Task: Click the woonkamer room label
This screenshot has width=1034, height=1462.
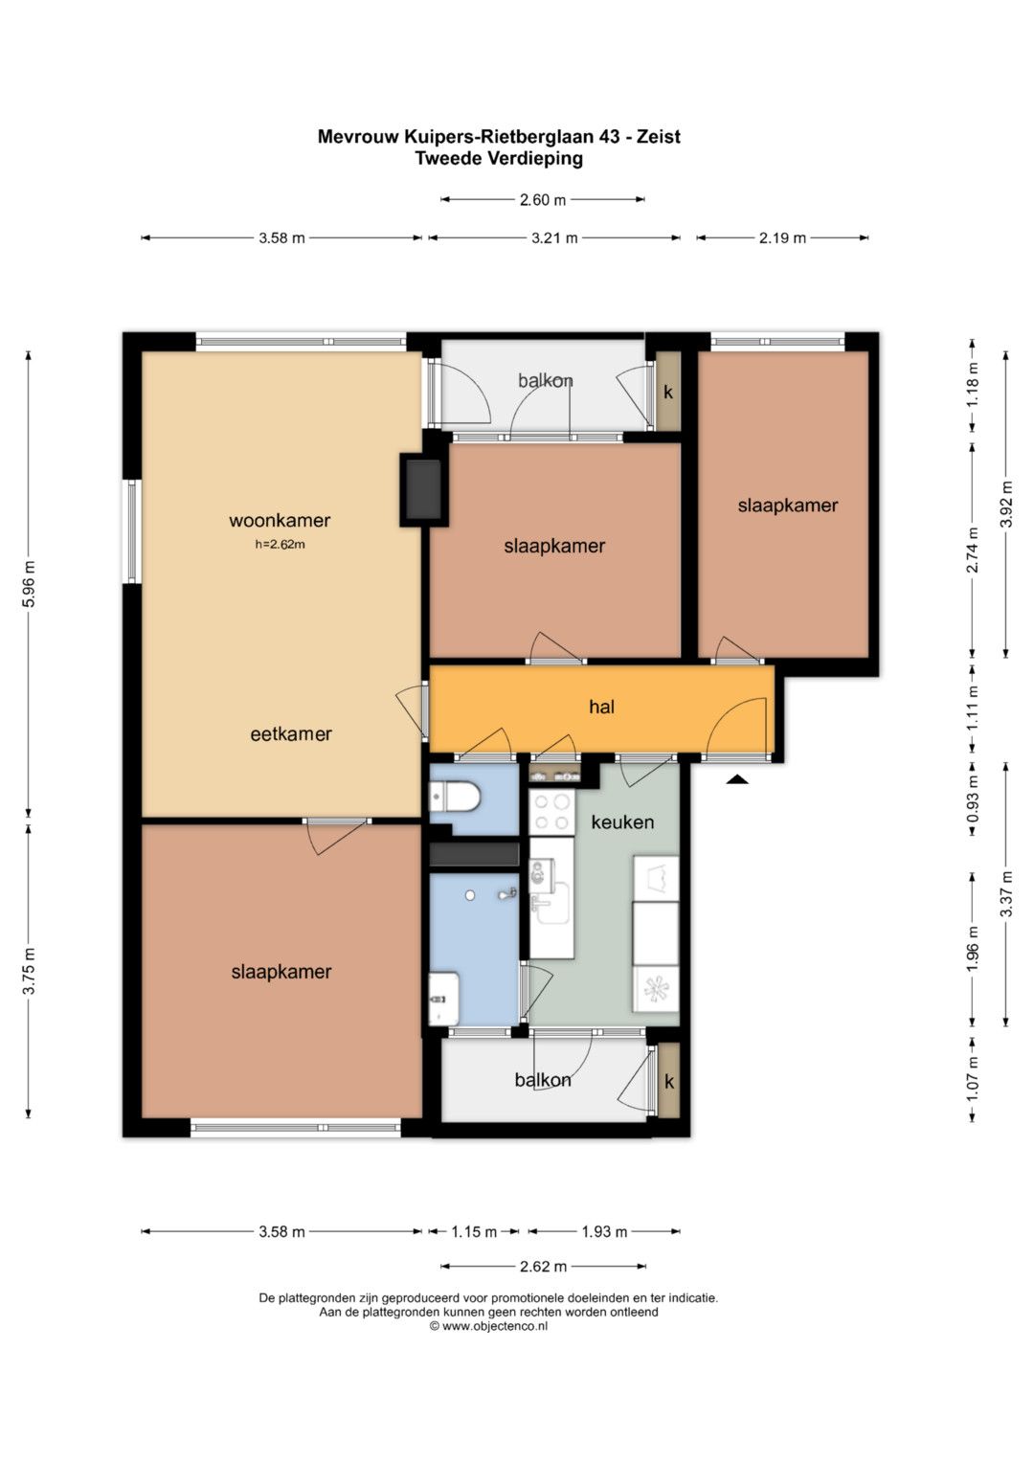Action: [280, 520]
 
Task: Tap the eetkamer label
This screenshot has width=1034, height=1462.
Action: [291, 734]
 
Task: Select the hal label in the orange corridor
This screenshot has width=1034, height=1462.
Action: [601, 707]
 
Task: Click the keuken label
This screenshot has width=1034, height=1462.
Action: [622, 821]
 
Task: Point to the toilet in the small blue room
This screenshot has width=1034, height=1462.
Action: [455, 798]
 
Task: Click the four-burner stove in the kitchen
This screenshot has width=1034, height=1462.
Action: [551, 813]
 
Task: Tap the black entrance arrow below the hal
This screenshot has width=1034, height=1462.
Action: [737, 778]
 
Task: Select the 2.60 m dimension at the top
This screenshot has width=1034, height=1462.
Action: [543, 200]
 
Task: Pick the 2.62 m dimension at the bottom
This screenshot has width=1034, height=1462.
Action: [543, 1266]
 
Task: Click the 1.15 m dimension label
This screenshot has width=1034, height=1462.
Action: [474, 1231]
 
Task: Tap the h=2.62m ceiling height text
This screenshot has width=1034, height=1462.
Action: [280, 545]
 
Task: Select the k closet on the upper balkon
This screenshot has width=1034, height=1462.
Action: [668, 392]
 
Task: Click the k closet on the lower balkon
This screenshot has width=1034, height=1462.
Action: [668, 1082]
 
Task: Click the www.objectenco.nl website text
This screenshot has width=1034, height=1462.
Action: [495, 1326]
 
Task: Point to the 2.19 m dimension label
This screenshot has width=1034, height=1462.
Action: [782, 238]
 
